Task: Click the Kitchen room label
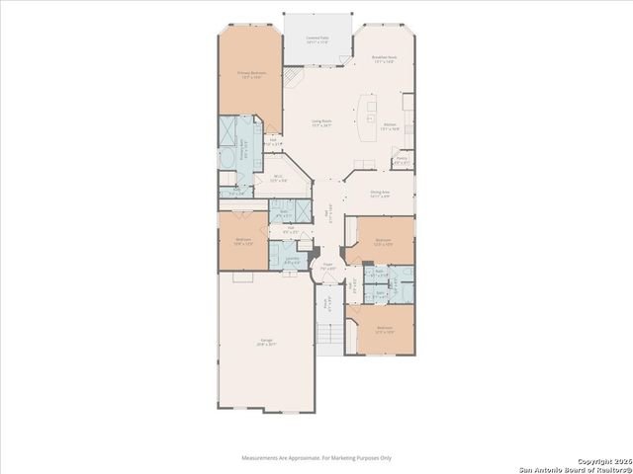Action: click(x=390, y=124)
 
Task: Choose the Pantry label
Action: click(x=402, y=160)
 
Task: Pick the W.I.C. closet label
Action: click(x=279, y=179)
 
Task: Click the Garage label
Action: click(x=265, y=342)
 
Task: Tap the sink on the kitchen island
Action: click(x=372, y=105)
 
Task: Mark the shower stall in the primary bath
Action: click(x=228, y=132)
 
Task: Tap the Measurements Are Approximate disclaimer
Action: click(x=316, y=458)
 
